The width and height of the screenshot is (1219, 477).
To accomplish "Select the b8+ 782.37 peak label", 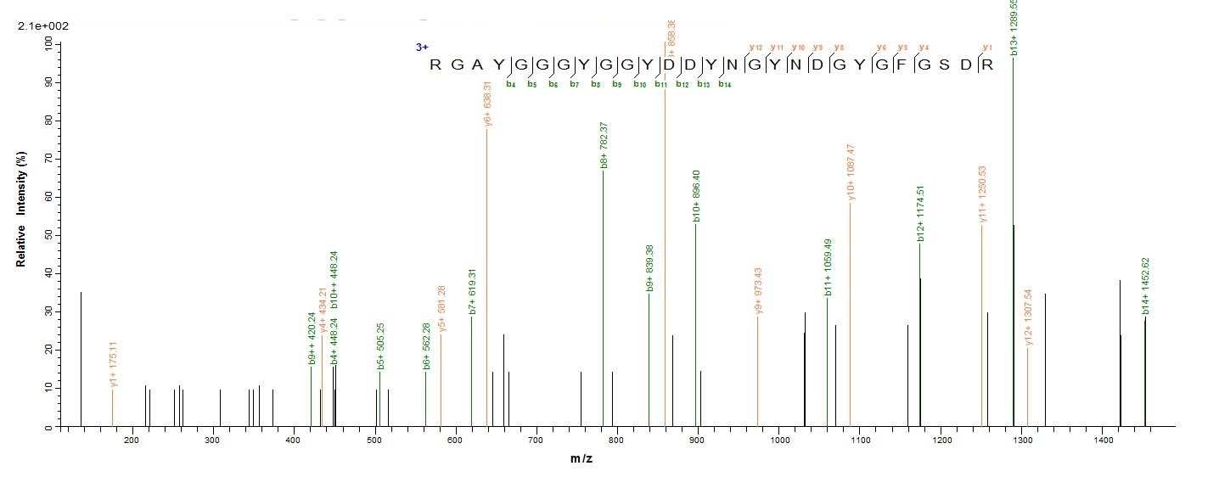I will click(x=604, y=146).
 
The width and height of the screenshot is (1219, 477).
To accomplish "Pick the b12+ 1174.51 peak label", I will click(x=920, y=216).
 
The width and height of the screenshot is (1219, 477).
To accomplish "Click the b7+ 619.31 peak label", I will click(x=472, y=291).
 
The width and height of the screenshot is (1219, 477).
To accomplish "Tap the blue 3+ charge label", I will click(x=422, y=48).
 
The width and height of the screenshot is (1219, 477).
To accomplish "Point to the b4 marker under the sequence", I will click(x=511, y=84).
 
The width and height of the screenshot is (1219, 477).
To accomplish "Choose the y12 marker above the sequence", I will click(x=756, y=48).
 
